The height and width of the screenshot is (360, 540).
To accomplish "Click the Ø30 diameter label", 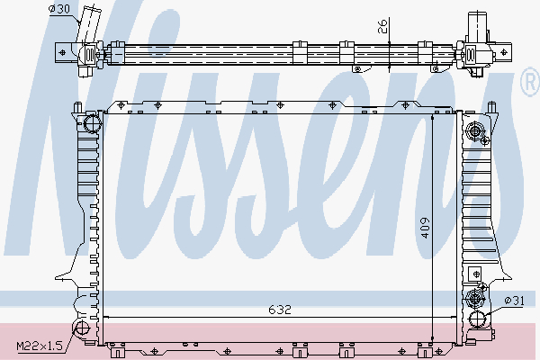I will tap(59, 9).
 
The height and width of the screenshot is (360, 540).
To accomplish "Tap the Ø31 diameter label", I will tap(514, 300).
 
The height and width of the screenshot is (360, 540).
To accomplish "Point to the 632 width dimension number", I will tap(280, 310).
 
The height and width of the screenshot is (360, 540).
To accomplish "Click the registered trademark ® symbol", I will tap(530, 84).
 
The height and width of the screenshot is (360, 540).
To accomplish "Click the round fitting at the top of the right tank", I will tap(475, 134).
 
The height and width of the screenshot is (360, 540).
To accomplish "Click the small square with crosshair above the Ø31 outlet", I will tap(475, 297).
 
